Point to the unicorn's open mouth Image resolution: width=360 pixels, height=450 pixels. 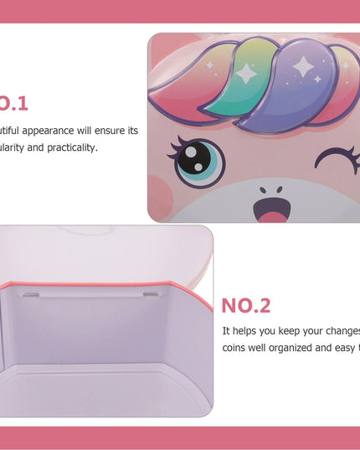[270, 209]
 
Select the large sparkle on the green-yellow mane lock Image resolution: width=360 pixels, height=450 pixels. [247, 74]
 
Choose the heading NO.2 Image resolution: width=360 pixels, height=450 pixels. [246, 306]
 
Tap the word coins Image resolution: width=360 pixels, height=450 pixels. [237, 348]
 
